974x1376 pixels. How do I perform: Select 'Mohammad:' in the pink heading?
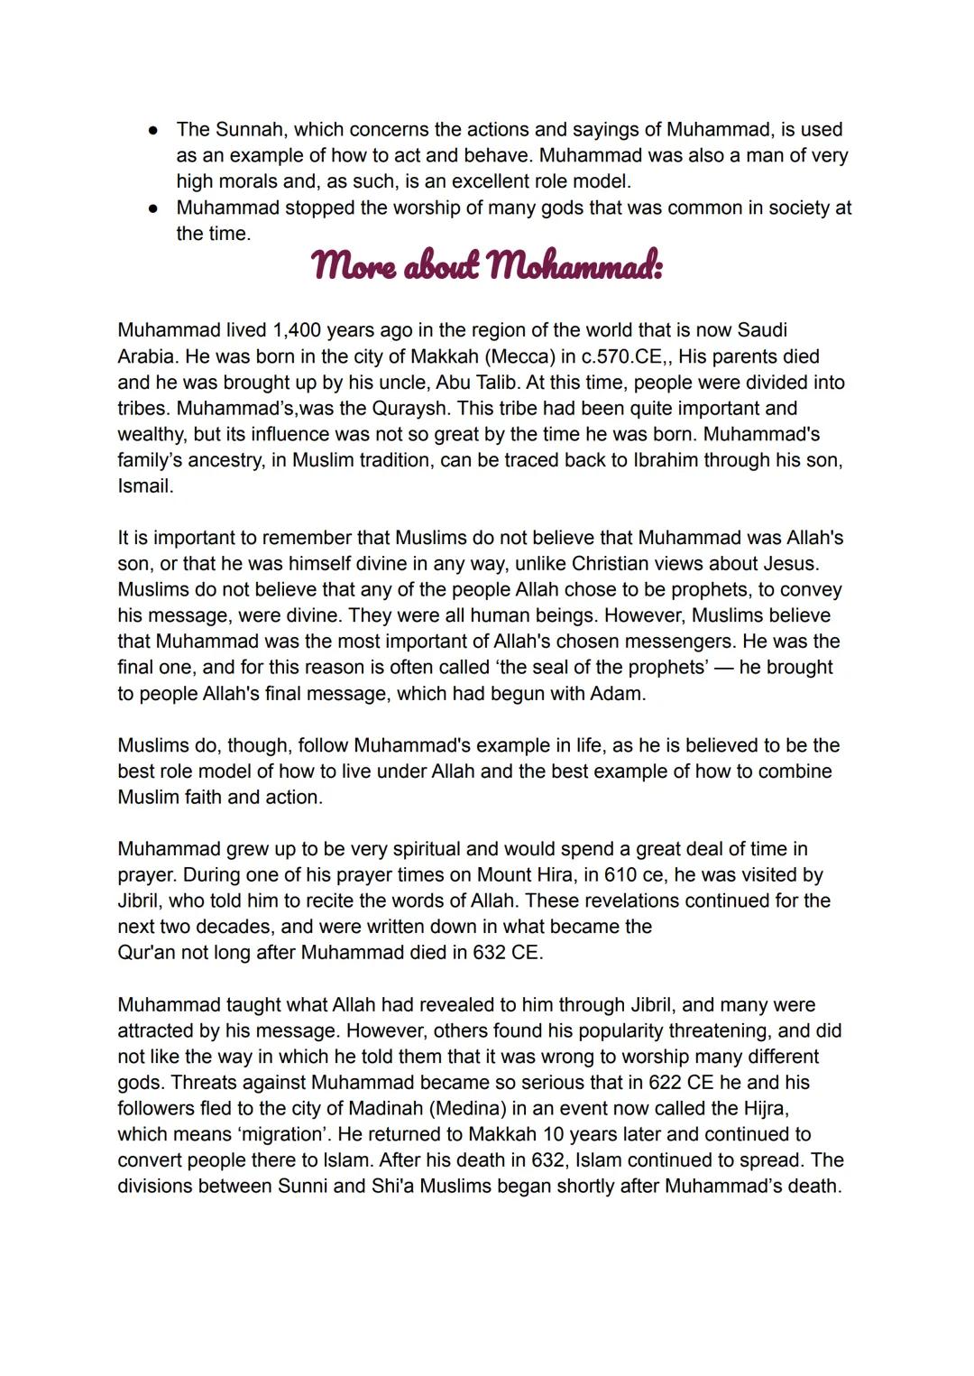tap(574, 266)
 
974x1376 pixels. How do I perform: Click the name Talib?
tap(492, 383)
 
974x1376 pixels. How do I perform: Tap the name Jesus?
tap(790, 564)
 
